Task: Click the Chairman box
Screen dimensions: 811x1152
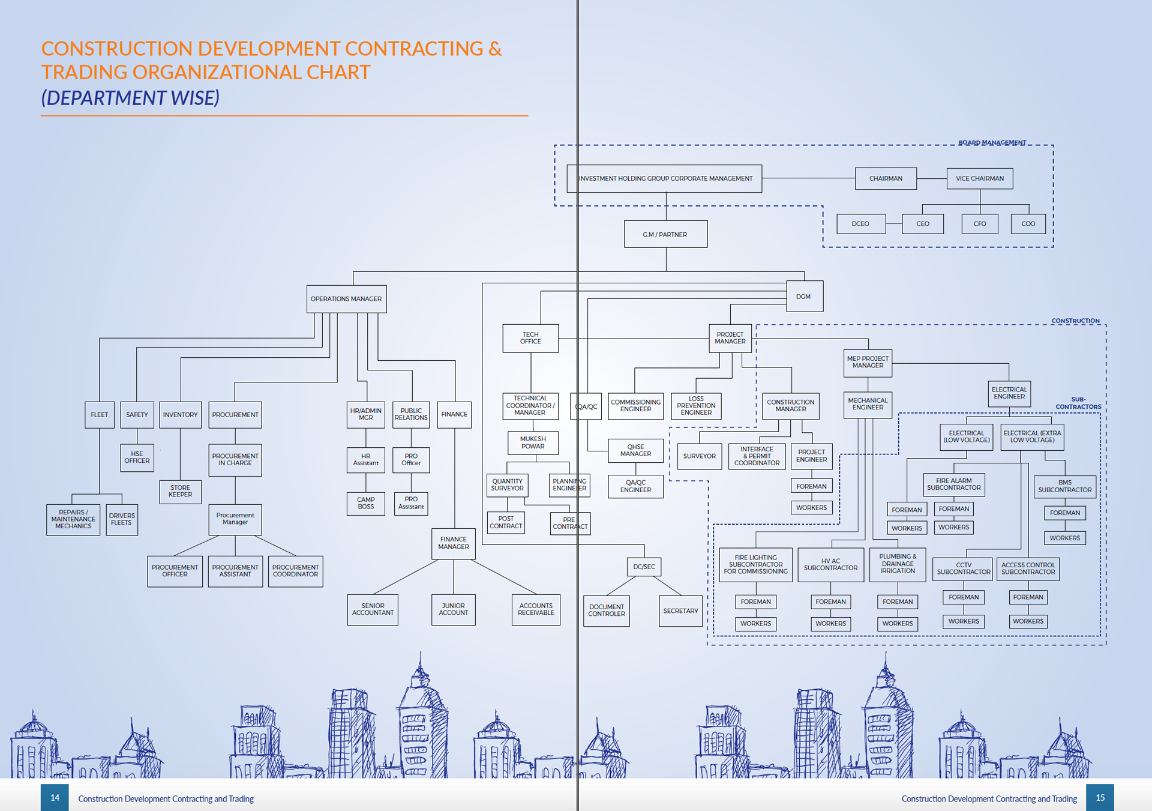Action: click(x=886, y=178)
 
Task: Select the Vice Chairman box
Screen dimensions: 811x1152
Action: click(x=979, y=178)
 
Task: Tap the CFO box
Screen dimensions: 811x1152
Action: click(x=979, y=224)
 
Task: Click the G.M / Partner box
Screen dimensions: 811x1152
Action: click(x=665, y=234)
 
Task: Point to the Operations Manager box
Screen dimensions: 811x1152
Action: click(x=346, y=299)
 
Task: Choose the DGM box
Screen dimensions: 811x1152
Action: click(x=804, y=297)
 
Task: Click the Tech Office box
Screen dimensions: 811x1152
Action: click(x=530, y=338)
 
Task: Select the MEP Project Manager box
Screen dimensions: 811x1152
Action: click(x=868, y=363)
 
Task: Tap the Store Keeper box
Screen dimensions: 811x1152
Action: click(x=180, y=492)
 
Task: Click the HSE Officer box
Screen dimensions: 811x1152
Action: click(x=137, y=457)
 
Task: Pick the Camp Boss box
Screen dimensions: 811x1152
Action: click(x=365, y=503)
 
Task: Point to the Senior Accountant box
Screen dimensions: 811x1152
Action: click(x=373, y=609)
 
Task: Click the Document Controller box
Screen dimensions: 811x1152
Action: click(x=606, y=611)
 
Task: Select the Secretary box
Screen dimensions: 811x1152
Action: click(x=680, y=611)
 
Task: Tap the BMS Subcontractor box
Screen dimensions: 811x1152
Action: click(x=1064, y=486)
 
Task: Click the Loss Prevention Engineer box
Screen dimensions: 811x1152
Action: click(x=696, y=406)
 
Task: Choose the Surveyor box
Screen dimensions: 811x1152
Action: click(x=699, y=456)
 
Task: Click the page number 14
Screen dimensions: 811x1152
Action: click(x=55, y=798)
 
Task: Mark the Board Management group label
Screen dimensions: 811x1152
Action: click(x=992, y=143)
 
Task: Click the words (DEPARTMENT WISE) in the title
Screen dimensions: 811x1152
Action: click(x=130, y=98)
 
